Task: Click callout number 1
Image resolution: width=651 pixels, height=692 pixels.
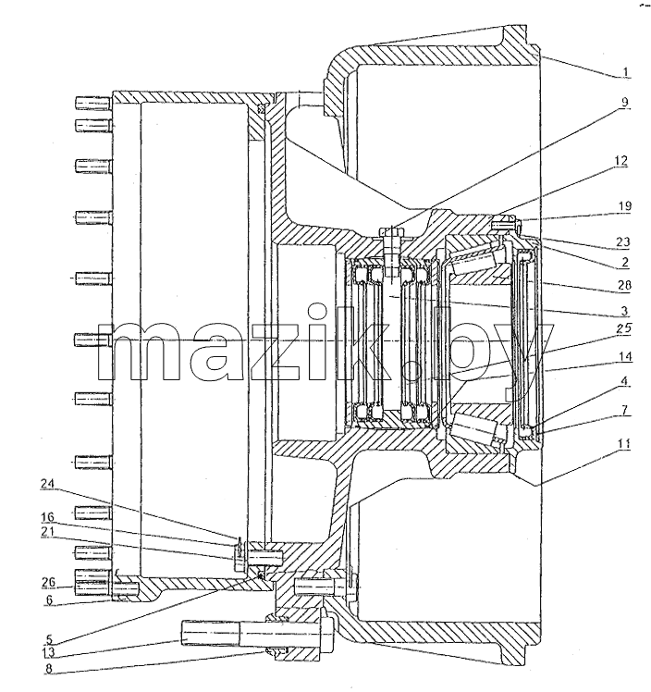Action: click(625, 71)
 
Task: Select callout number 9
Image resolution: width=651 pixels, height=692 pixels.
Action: click(624, 102)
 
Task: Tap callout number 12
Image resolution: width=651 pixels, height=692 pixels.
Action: click(621, 161)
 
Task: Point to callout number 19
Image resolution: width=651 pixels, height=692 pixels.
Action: click(624, 206)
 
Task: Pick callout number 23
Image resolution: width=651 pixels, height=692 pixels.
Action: click(622, 241)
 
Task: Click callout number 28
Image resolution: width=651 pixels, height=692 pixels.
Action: click(624, 285)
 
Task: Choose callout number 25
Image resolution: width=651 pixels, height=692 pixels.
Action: click(624, 328)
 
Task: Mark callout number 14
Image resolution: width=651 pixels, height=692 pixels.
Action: click(625, 356)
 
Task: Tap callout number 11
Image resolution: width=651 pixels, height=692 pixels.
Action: click(623, 444)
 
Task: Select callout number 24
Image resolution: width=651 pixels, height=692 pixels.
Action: click(47, 484)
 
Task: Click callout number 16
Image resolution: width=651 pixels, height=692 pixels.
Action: click(47, 517)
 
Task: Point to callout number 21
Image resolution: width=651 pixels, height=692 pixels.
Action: click(47, 531)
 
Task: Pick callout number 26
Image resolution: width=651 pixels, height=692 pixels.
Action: click(49, 583)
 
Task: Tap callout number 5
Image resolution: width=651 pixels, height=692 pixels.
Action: click(48, 639)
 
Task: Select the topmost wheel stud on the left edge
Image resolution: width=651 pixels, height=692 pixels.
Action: click(92, 103)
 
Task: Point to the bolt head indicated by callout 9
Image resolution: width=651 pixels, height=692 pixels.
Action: click(392, 232)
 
